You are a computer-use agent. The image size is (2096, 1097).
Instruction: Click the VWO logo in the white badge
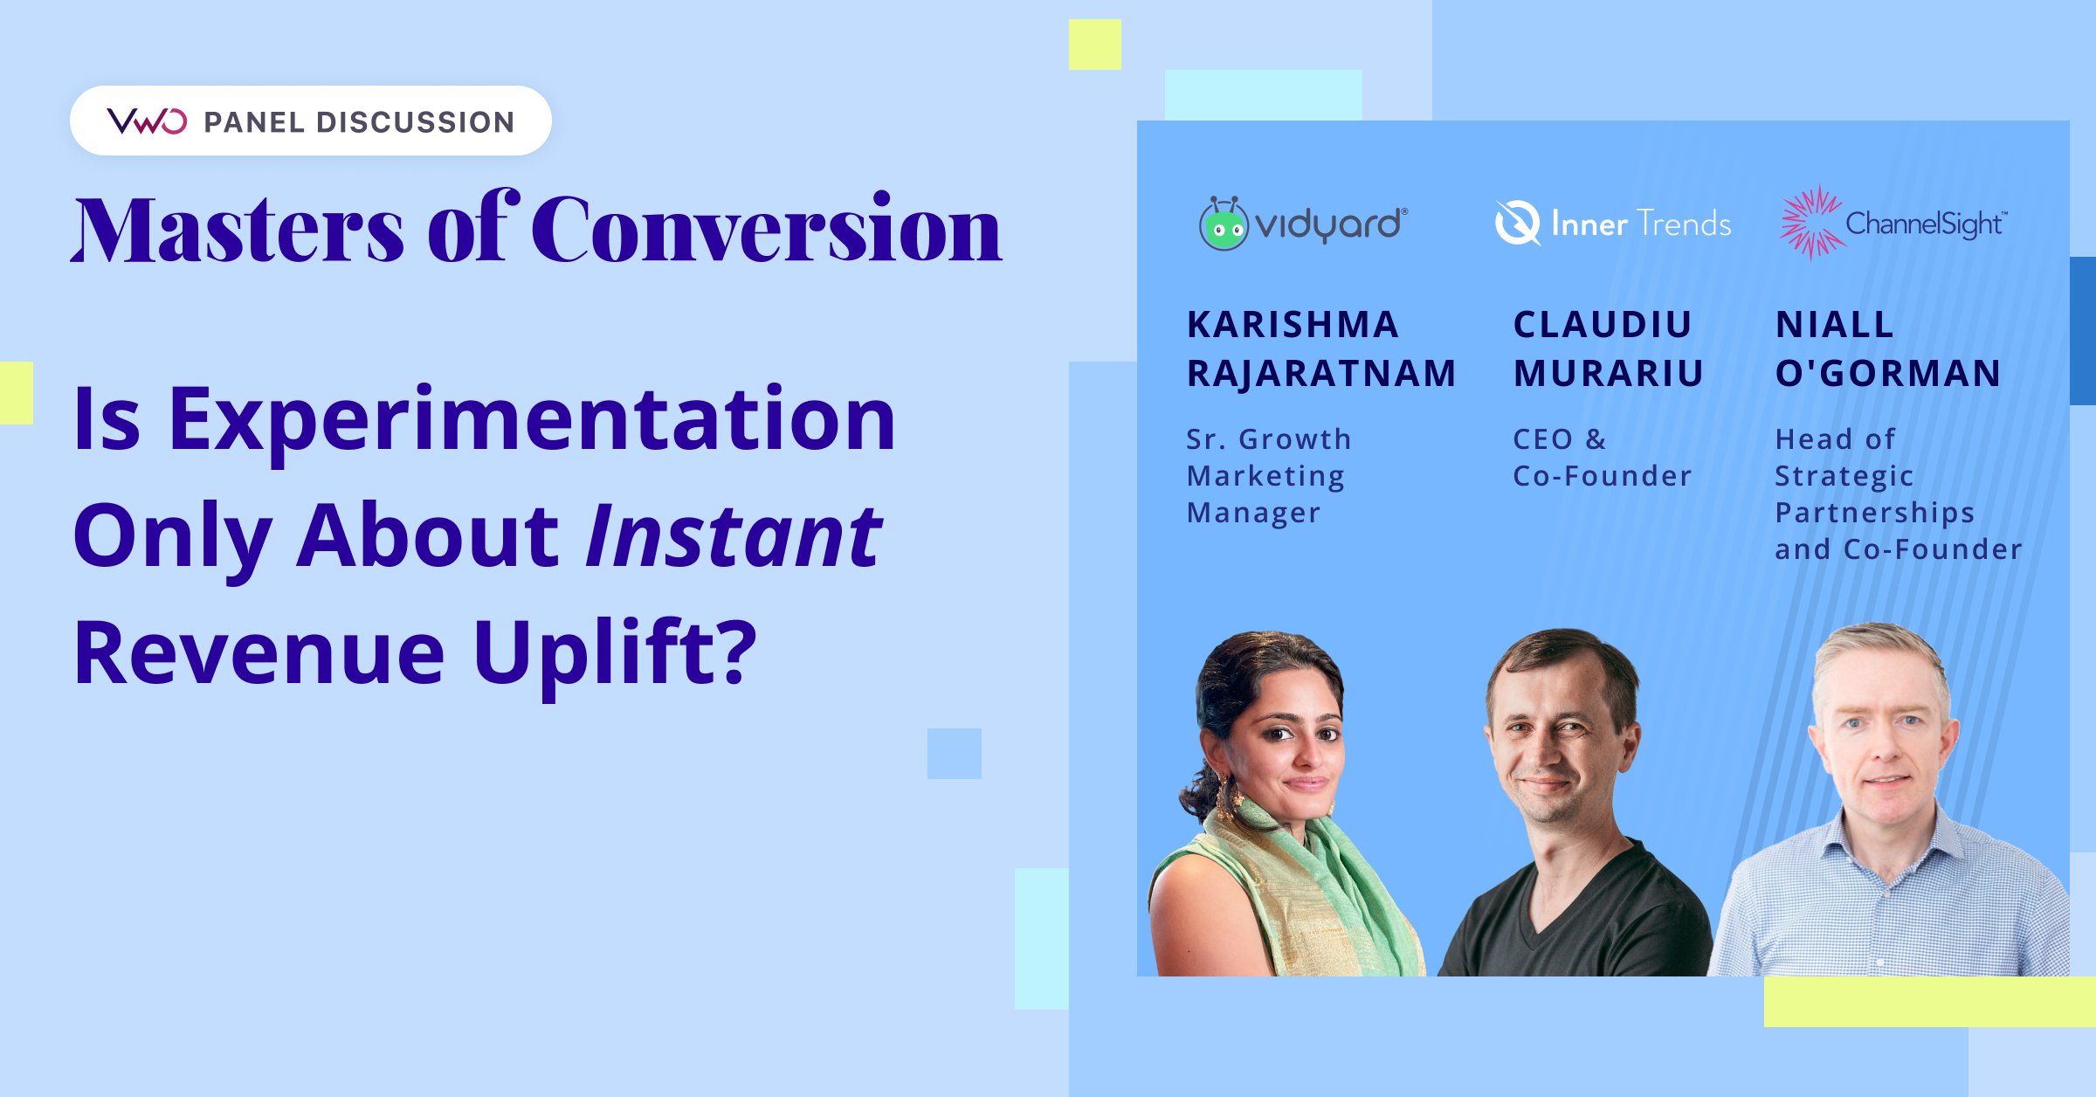[x=147, y=121]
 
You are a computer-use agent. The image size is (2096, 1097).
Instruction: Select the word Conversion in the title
[x=767, y=230]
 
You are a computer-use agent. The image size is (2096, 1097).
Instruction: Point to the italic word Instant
[x=734, y=536]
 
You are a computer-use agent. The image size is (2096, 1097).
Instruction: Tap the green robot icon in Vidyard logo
[x=1223, y=225]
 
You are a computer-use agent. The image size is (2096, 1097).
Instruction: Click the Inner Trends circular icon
[x=1517, y=224]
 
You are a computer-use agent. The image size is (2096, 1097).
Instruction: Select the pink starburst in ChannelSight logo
[x=1810, y=224]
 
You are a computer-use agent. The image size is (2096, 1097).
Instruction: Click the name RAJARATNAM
[x=1321, y=374]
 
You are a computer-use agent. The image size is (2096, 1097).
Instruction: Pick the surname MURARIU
[x=1609, y=374]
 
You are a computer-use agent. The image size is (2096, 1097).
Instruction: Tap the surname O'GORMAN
[x=1888, y=374]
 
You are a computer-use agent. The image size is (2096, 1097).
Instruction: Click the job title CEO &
[x=1560, y=439]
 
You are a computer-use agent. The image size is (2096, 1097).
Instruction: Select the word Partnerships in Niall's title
[x=1875, y=513]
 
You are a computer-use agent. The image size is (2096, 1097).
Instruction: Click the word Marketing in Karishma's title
[x=1265, y=476]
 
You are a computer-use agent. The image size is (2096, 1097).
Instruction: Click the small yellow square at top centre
[x=1094, y=45]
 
